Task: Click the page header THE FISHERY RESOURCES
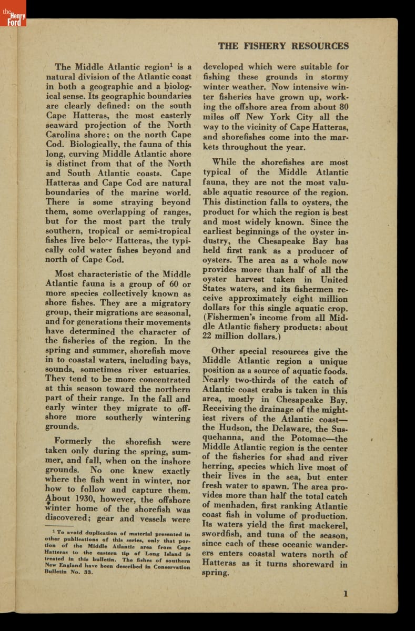pos(283,46)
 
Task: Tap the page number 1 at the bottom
pos(346,594)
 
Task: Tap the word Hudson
pos(232,429)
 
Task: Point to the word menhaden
pos(235,506)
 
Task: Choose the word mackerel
pos(328,525)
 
